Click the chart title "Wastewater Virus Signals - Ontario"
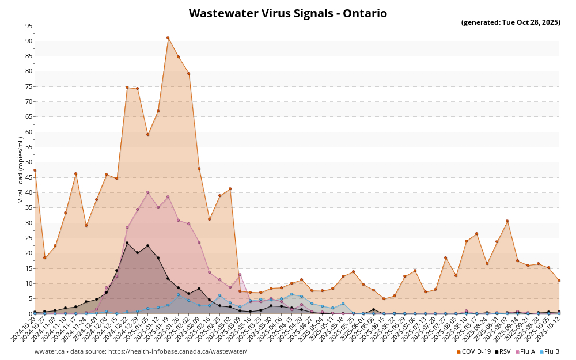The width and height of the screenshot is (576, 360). click(x=287, y=13)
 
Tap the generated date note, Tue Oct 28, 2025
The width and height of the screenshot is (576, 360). click(x=510, y=22)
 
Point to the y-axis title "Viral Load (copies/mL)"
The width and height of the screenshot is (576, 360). click(x=21, y=169)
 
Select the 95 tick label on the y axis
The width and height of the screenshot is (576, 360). click(x=29, y=26)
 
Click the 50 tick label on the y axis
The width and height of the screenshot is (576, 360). click(x=29, y=162)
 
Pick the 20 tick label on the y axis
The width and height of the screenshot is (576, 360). click(x=29, y=253)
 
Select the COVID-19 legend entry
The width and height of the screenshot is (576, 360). click(x=473, y=351)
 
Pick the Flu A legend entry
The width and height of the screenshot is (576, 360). click(x=525, y=351)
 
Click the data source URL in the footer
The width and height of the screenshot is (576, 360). click(x=173, y=351)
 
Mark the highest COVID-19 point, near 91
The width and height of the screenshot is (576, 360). click(x=168, y=38)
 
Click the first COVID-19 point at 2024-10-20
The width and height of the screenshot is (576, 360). click(x=35, y=170)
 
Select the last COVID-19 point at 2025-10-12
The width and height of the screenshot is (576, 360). click(x=559, y=281)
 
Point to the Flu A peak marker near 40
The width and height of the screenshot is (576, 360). click(x=147, y=192)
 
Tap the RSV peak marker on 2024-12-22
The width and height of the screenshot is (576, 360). click(x=127, y=243)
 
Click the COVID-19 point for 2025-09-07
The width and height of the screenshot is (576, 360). click(x=507, y=221)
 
